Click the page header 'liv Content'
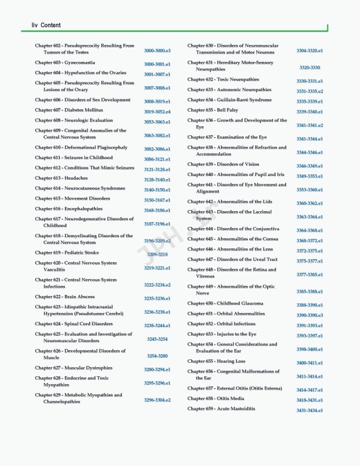pyautogui.click(x=46, y=25)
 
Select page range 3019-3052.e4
pyautogui.click(x=157, y=112)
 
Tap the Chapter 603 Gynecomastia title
pyautogui.click(x=64, y=62)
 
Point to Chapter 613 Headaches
pyautogui.click(x=61, y=178)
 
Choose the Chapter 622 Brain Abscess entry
pyautogui.click(x=64, y=297)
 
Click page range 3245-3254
pyautogui.click(x=157, y=339)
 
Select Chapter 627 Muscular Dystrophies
pyautogui.click(x=73, y=368)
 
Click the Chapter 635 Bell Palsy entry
pyautogui.click(x=212, y=110)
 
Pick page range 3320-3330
pyautogui.click(x=309, y=67)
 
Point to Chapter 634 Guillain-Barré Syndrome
pyautogui.click(x=229, y=100)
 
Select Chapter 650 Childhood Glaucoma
pyautogui.click(x=225, y=303)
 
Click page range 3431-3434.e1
pyautogui.click(x=309, y=411)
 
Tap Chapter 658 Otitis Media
pyautogui.click(x=216, y=399)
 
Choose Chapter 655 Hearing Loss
pyautogui.click(x=216, y=361)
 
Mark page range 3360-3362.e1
pyautogui.click(x=309, y=203)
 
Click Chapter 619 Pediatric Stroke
pyautogui.click(x=67, y=252)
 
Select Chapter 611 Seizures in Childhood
pyautogui.click(x=73, y=157)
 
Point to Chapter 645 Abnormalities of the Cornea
pyautogui.click(x=233, y=239)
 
